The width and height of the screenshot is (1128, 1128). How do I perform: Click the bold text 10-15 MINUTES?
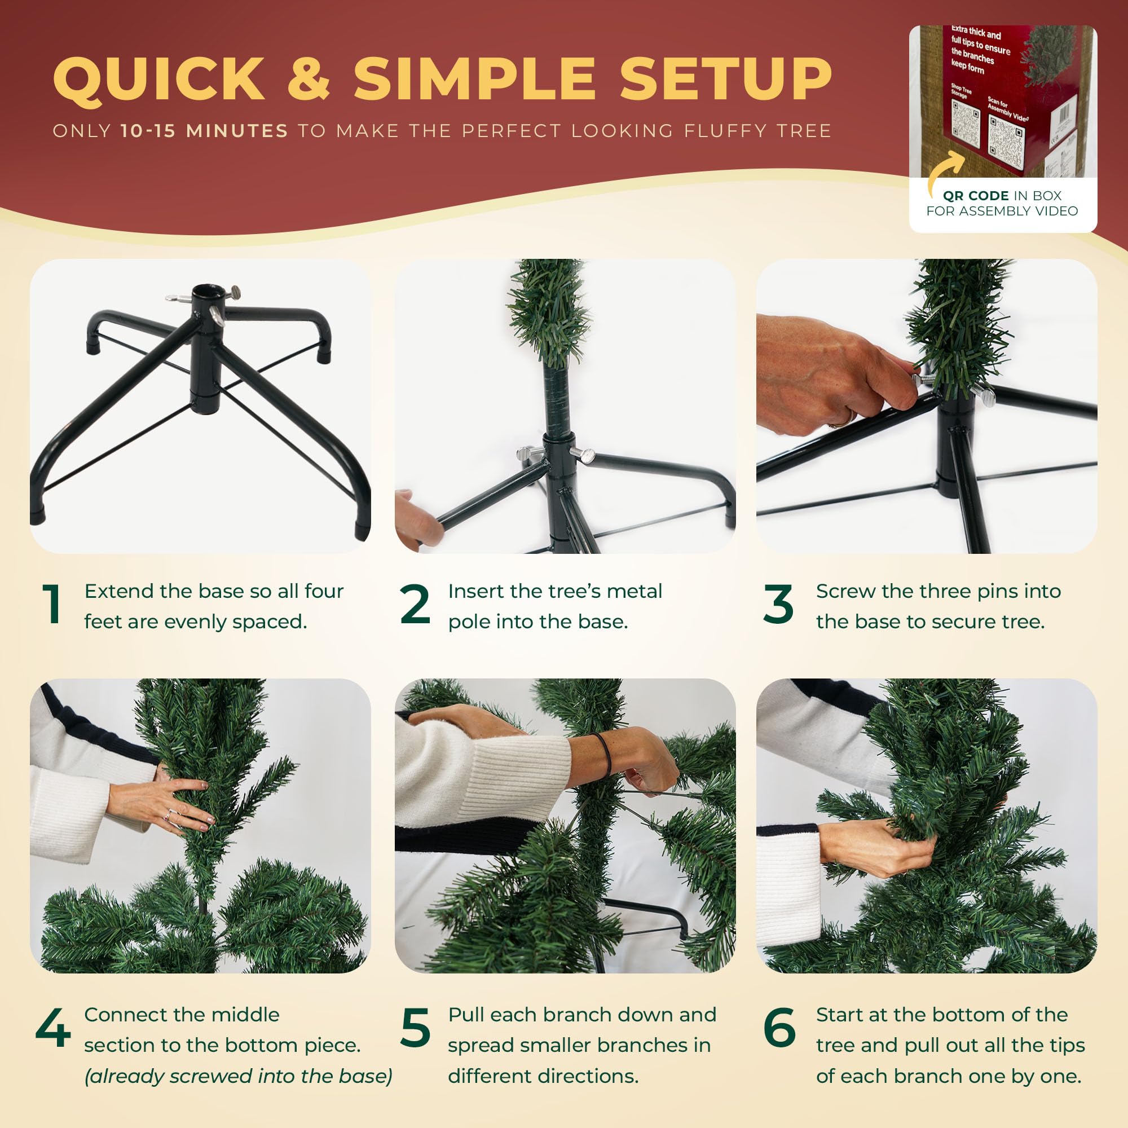204,131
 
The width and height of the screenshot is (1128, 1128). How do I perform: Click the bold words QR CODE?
976,196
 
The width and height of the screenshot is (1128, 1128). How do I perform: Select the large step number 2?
415,604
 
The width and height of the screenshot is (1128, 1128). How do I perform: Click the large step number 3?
778,604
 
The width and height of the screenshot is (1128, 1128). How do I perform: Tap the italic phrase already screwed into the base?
238,1076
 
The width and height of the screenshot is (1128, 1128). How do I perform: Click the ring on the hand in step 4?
168,815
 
